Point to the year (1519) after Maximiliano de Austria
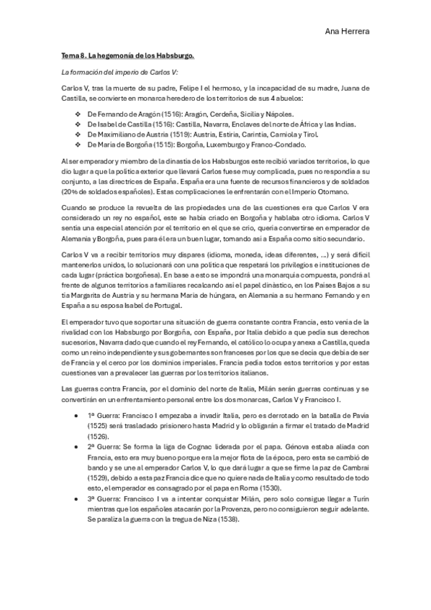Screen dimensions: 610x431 (164, 134)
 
